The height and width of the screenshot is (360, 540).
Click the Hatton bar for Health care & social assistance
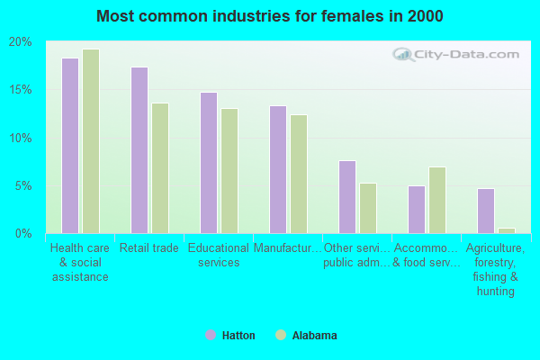[70, 146]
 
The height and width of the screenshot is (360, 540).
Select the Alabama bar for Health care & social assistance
[91, 141]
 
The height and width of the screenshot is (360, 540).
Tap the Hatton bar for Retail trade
[139, 150]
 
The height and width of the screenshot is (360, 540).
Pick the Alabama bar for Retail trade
[160, 168]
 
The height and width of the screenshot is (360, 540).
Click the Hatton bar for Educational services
[209, 163]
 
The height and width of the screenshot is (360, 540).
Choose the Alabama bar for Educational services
[229, 171]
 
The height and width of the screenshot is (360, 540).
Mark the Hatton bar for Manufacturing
[278, 169]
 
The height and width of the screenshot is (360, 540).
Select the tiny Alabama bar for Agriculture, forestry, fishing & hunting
[507, 230]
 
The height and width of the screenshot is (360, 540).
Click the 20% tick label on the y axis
[21, 42]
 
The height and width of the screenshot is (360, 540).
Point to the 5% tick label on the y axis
[23, 186]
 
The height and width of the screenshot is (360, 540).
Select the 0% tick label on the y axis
[23, 234]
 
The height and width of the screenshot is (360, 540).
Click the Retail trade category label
[149, 248]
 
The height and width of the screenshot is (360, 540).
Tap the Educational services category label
[219, 256]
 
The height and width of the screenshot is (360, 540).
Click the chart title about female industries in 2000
[270, 16]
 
